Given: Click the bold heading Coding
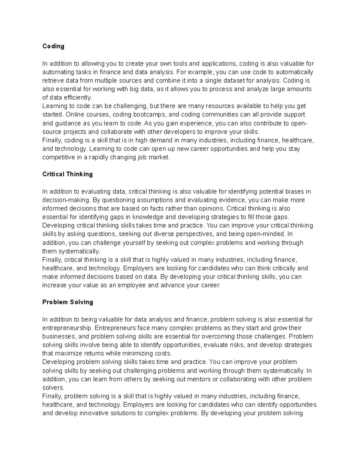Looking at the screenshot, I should [x=53, y=46].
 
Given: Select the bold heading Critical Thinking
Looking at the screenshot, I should [x=67, y=174].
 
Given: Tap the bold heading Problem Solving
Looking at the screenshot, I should [x=67, y=302].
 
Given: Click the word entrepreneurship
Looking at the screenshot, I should [x=67, y=328].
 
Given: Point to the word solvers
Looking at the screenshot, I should [x=53, y=388].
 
